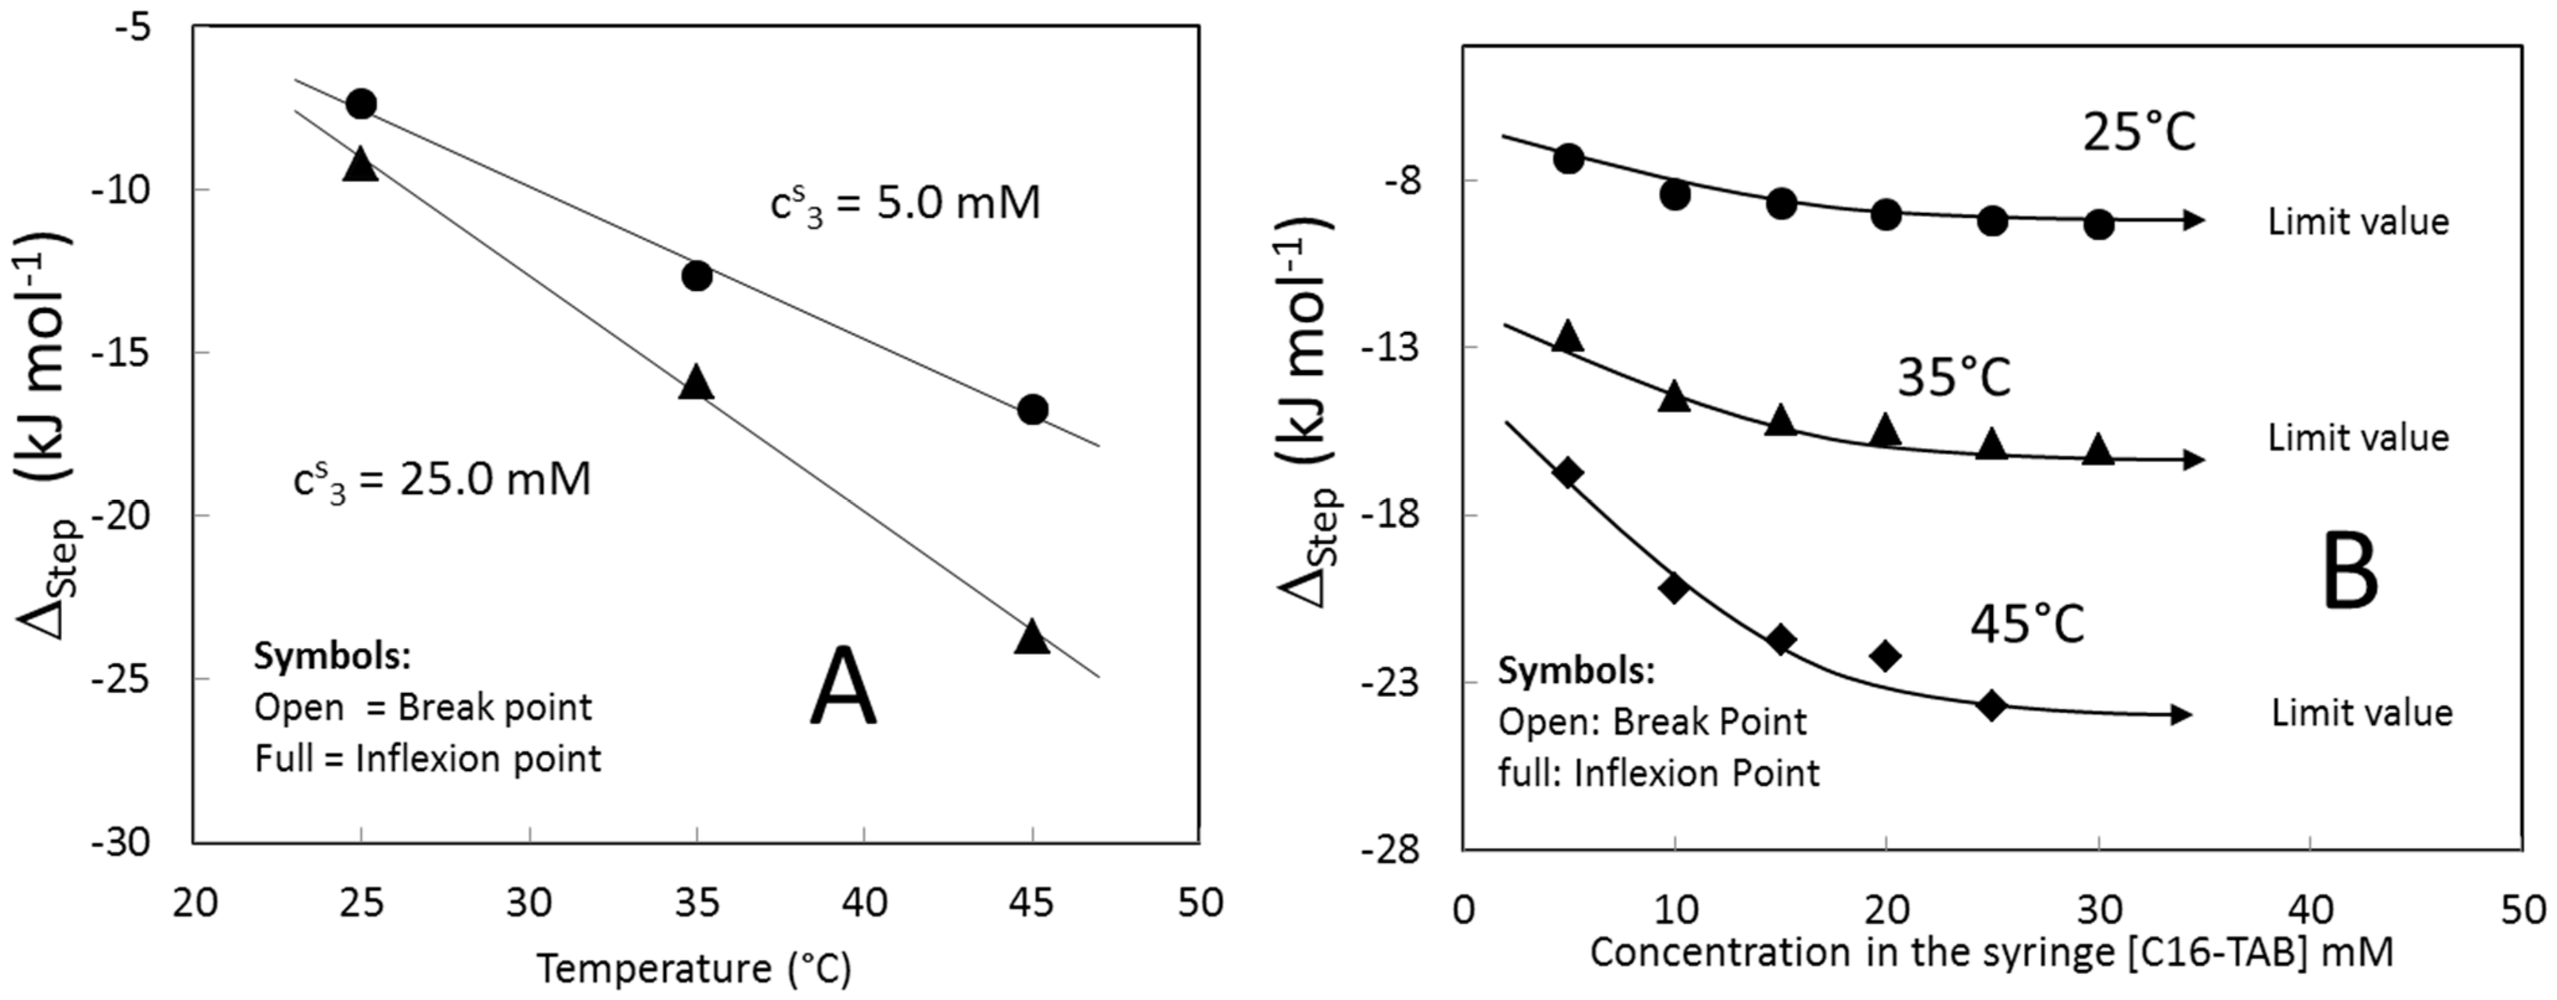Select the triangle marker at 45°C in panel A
[1032, 638]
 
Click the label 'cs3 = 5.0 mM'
[906, 204]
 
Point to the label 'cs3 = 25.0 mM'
[442, 480]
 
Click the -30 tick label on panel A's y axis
[120, 842]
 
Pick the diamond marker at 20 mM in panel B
[1885, 654]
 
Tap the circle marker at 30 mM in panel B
[2098, 224]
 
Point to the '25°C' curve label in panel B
[2139, 131]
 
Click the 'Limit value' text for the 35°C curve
[2358, 437]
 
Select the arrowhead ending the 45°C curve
[2182, 714]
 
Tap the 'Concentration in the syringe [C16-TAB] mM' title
[1991, 952]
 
